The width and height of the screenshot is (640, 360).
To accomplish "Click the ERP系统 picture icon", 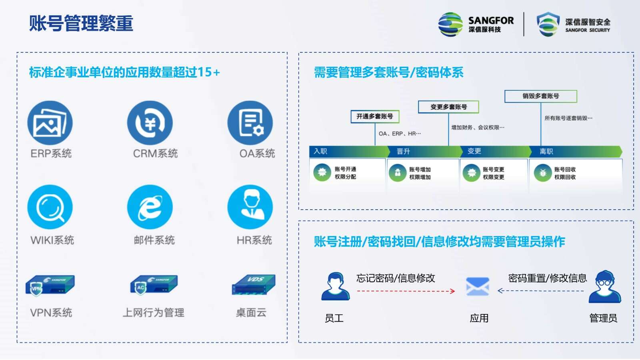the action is point(50,123).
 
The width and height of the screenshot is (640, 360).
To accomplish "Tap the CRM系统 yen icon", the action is point(150,123).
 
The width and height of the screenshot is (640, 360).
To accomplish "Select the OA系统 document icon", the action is point(250,123).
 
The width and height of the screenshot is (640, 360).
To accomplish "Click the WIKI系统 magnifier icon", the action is point(50,207).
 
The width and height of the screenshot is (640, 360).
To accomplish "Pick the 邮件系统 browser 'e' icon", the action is point(150,207).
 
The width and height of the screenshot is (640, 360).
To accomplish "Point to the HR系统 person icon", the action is point(250,207).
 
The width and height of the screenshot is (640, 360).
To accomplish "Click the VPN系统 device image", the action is point(50,286).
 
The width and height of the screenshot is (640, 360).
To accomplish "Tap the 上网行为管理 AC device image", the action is point(154,285).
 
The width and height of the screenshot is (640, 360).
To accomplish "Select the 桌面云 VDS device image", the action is point(254,284).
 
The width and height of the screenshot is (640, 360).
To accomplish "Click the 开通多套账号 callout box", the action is point(375,116).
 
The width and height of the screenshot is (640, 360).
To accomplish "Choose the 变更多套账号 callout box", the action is point(448,107).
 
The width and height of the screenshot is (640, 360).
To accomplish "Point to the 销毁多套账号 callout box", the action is point(541,96).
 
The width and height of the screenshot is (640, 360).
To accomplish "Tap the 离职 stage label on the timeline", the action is point(546,152).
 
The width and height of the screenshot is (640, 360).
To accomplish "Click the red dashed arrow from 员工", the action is point(406,291).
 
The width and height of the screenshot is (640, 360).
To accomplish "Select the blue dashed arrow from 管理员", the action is point(540,291).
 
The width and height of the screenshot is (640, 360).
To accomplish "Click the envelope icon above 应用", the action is point(478,286).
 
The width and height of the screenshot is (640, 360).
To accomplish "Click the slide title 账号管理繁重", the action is point(81,23).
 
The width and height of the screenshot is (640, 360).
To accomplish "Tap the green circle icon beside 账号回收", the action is point(542,173).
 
